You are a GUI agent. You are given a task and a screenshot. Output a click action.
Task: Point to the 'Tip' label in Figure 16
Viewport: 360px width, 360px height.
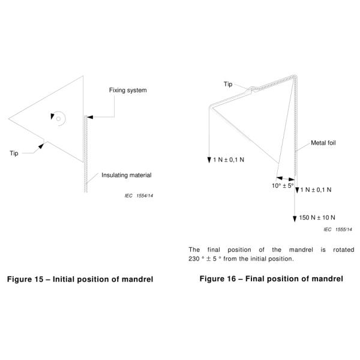pos(228,84)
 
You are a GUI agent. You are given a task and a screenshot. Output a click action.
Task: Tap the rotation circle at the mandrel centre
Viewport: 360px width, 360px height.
pos(58,118)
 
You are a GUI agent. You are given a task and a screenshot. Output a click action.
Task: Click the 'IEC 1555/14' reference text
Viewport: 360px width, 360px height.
pos(337,230)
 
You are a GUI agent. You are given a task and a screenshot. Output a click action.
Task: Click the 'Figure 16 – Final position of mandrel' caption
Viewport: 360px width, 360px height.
pos(271,278)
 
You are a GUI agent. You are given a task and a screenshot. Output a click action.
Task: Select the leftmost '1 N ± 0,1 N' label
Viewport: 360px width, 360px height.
pos(233,161)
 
